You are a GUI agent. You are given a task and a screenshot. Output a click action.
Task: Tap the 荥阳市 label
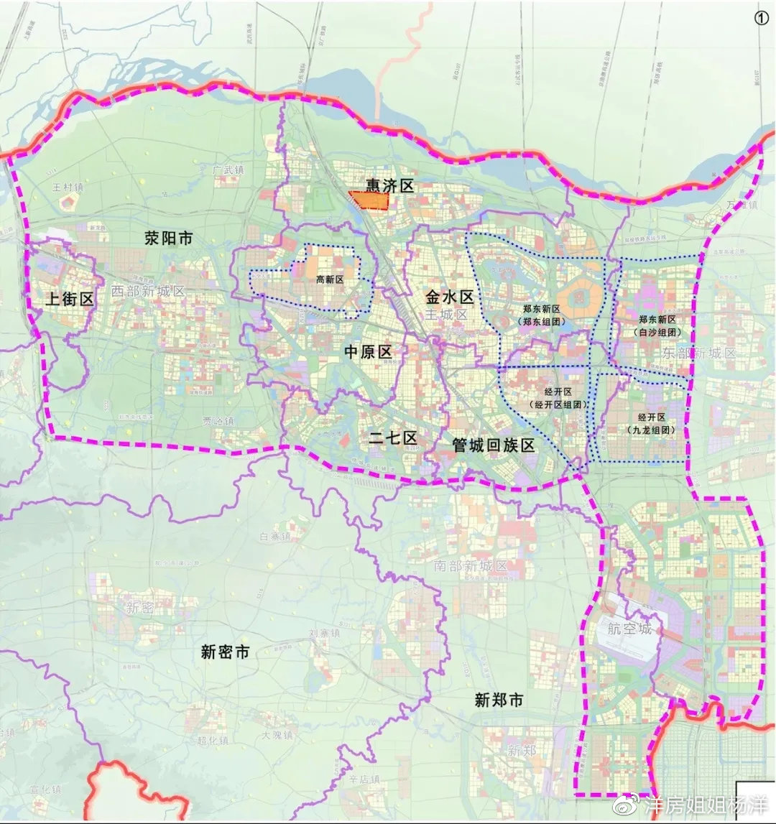click(168, 239)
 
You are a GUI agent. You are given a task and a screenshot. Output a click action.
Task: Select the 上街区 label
click(70, 300)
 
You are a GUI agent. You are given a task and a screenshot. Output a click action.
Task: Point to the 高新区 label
click(330, 279)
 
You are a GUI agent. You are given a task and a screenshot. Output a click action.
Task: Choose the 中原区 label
click(367, 351)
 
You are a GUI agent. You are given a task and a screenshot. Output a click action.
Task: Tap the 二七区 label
click(392, 438)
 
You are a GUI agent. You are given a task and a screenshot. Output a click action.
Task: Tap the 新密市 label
click(225, 652)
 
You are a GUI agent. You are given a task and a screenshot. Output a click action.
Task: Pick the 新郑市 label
click(499, 700)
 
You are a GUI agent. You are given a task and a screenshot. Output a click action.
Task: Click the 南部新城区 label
click(471, 565)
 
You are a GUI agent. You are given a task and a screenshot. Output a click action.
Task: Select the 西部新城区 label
click(148, 291)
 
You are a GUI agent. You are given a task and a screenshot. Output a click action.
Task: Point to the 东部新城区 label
click(699, 353)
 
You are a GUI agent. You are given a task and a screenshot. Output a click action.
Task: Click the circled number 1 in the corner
click(761, 19)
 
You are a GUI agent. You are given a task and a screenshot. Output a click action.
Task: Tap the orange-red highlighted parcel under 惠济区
click(368, 200)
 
